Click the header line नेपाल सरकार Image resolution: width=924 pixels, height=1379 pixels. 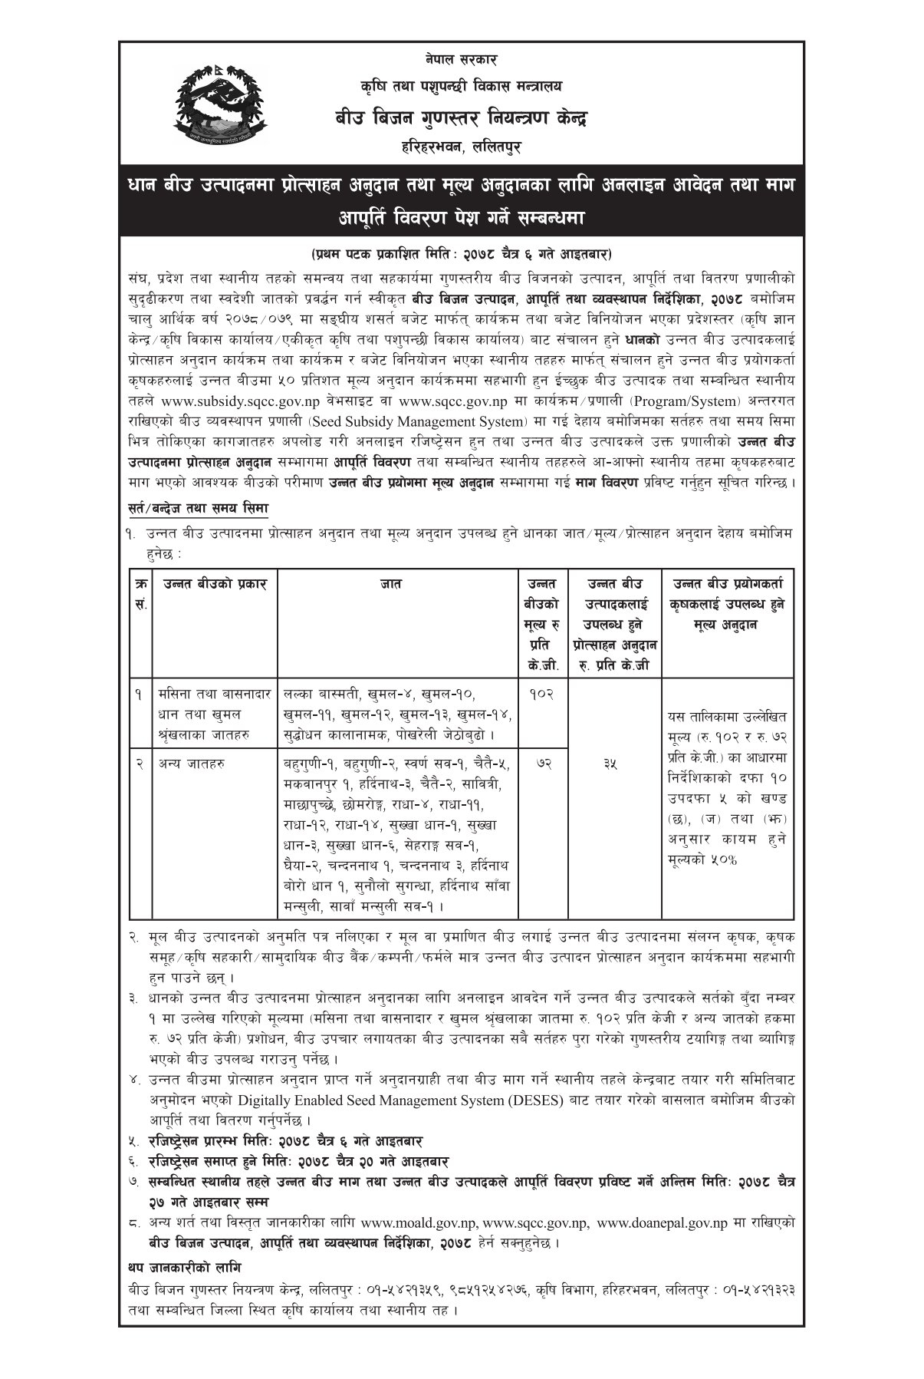pyautogui.click(x=462, y=58)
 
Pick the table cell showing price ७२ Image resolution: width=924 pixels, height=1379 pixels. pyautogui.click(x=541, y=764)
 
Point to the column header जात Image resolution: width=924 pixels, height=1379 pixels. pyautogui.click(x=396, y=584)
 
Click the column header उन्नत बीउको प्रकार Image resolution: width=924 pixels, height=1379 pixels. pyautogui.click(x=215, y=584)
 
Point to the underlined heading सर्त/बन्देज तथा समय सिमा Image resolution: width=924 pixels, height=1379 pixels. pyautogui.click(x=198, y=509)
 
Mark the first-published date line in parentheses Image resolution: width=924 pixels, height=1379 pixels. pyautogui.click(x=462, y=253)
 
